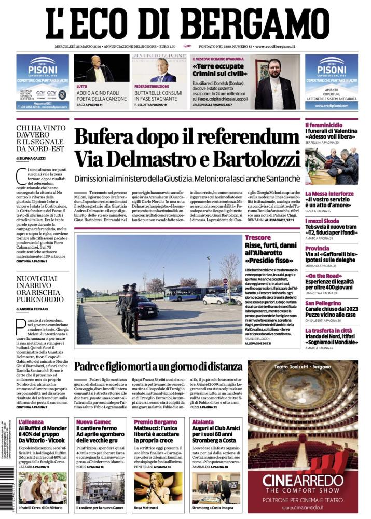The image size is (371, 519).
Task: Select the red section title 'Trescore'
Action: pyautogui.click(x=258, y=237)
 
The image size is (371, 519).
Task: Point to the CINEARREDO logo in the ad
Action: pyautogui.click(x=303, y=481)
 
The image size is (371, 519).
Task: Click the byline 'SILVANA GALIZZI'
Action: pyautogui.click(x=33, y=158)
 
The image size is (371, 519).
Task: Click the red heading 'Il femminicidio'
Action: pyautogui.click(x=324, y=125)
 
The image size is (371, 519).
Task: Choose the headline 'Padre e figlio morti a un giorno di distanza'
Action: pyautogui.click(x=158, y=366)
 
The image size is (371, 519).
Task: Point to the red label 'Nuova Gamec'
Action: pyautogui.click(x=91, y=422)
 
